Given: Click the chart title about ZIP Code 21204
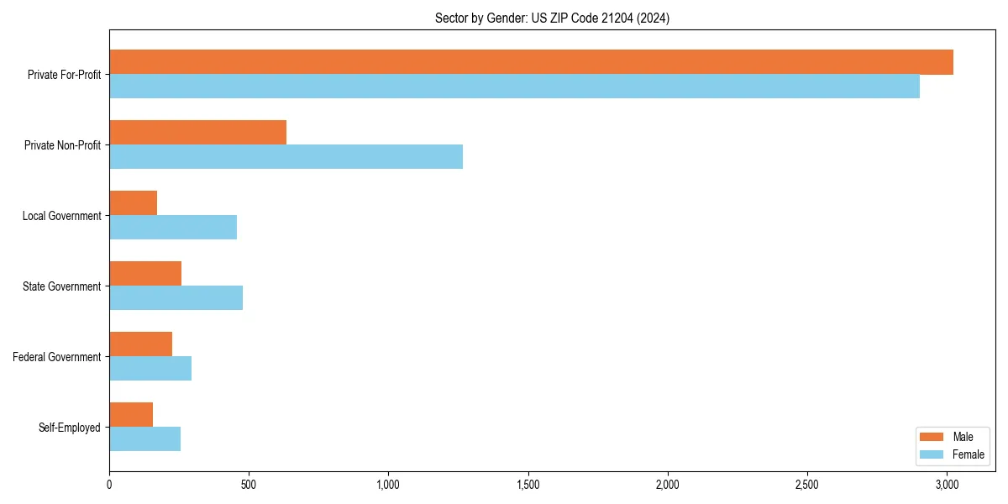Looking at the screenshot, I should (x=552, y=18).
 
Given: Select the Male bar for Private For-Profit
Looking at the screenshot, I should (x=531, y=62).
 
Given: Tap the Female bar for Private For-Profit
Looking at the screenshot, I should (x=514, y=87).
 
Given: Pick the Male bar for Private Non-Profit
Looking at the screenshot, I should (x=197, y=133).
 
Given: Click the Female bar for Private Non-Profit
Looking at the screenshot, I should (x=286, y=157).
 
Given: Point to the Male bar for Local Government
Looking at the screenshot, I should (x=133, y=203).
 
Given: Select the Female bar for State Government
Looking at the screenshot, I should (x=176, y=298).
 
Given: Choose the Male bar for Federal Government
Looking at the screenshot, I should (x=140, y=344).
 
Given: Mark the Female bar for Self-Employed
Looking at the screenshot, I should (x=144, y=439).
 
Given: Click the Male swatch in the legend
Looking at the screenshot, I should (x=932, y=437).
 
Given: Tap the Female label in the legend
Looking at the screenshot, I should (x=969, y=454).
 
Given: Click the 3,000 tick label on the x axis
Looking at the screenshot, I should (x=947, y=486).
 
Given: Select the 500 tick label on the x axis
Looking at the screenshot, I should (x=249, y=486).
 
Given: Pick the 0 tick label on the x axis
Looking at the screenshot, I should (x=109, y=486).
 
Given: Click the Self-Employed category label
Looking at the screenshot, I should (x=70, y=428).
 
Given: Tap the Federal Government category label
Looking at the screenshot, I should (x=57, y=357).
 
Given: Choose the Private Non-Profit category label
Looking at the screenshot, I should (x=62, y=145).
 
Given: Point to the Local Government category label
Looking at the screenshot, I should (x=61, y=216).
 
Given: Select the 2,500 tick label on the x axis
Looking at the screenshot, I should (x=807, y=486).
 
